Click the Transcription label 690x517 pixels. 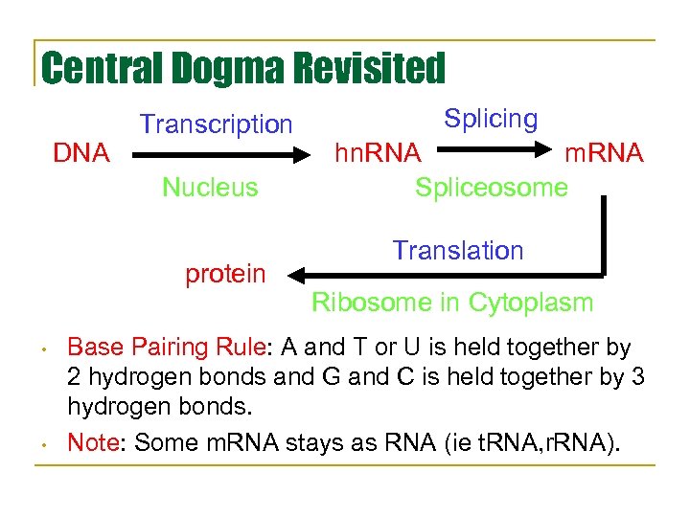[216, 124]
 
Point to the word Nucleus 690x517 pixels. [210, 187]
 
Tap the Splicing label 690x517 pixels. [491, 120]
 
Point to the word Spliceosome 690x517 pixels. [492, 187]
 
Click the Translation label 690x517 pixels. [458, 251]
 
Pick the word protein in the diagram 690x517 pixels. [225, 275]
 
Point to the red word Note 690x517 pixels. [96, 443]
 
